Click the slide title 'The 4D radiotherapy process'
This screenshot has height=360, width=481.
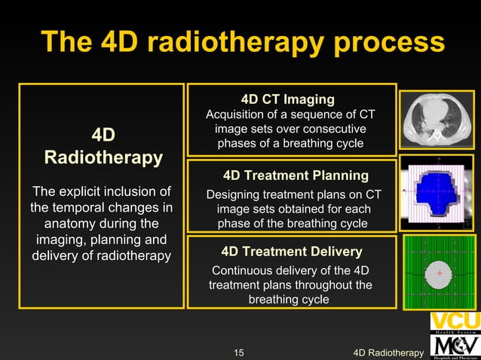pos(241,41)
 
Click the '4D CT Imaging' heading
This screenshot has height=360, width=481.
pos(287,99)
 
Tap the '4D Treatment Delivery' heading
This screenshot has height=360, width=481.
pos(291,252)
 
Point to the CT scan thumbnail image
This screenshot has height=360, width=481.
pos(437,120)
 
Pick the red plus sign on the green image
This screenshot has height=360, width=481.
pos(439,273)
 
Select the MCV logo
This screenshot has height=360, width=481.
pos(455,345)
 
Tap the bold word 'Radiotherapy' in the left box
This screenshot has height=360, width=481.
pos(103,158)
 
